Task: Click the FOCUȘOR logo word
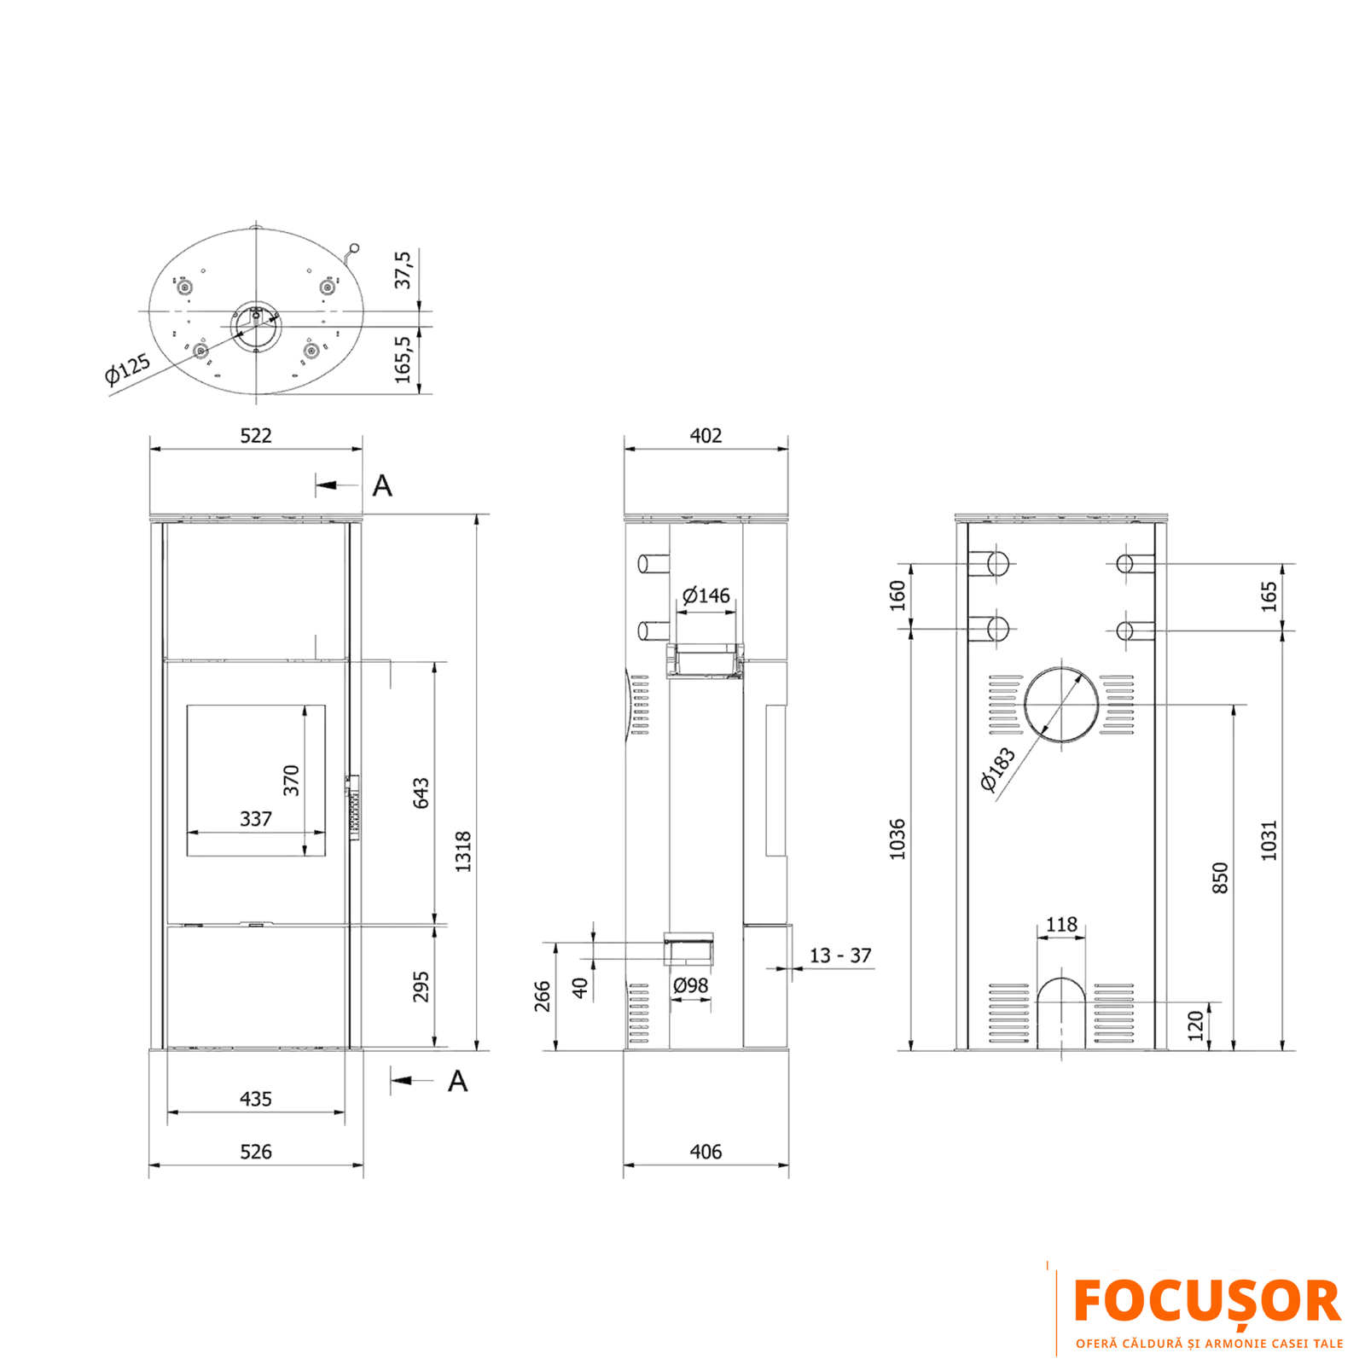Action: (x=1207, y=1303)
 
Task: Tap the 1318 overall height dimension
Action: (x=463, y=851)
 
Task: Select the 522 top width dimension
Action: (x=256, y=436)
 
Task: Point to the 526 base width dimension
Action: (x=256, y=1152)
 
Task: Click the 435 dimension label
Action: (x=256, y=1099)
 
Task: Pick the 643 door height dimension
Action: (x=421, y=793)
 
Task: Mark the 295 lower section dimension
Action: (x=421, y=986)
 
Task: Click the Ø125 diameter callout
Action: (x=127, y=369)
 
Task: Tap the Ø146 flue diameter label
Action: (x=706, y=595)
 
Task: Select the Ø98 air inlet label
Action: (x=691, y=985)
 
